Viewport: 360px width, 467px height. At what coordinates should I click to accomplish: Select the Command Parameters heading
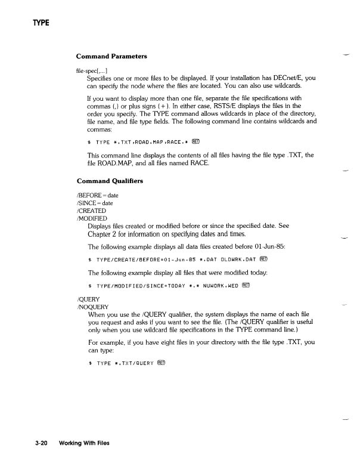pos(112,56)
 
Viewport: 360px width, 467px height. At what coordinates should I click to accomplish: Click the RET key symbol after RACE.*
pos(197,141)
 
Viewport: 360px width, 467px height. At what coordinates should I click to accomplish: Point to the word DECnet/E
pos(279,78)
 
